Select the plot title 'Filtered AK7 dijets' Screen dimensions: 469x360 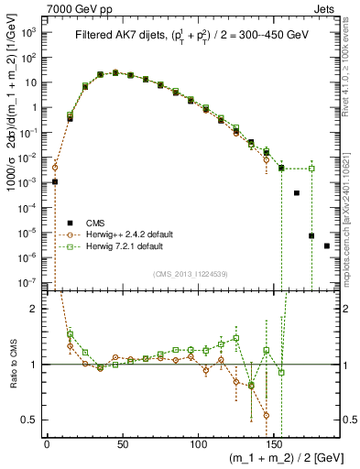pos(120,36)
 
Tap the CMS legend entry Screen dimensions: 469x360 pos(91,223)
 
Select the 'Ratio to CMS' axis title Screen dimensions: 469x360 pos(10,365)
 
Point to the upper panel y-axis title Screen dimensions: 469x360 pos(10,156)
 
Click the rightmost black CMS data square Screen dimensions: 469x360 pos(327,245)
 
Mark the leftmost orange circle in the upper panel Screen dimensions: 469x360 pos(55,168)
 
